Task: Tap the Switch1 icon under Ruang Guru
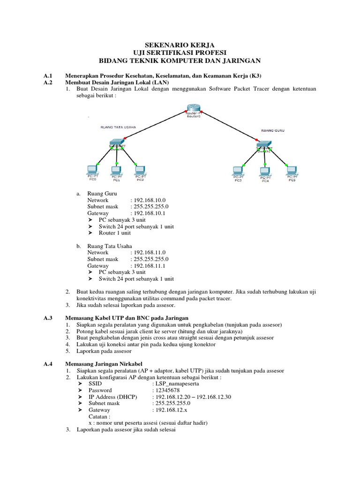tap(264, 143)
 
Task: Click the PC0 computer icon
tap(92, 170)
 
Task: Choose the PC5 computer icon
tap(292, 170)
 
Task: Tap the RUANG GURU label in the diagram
tap(273, 131)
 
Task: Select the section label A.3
tap(47, 318)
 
